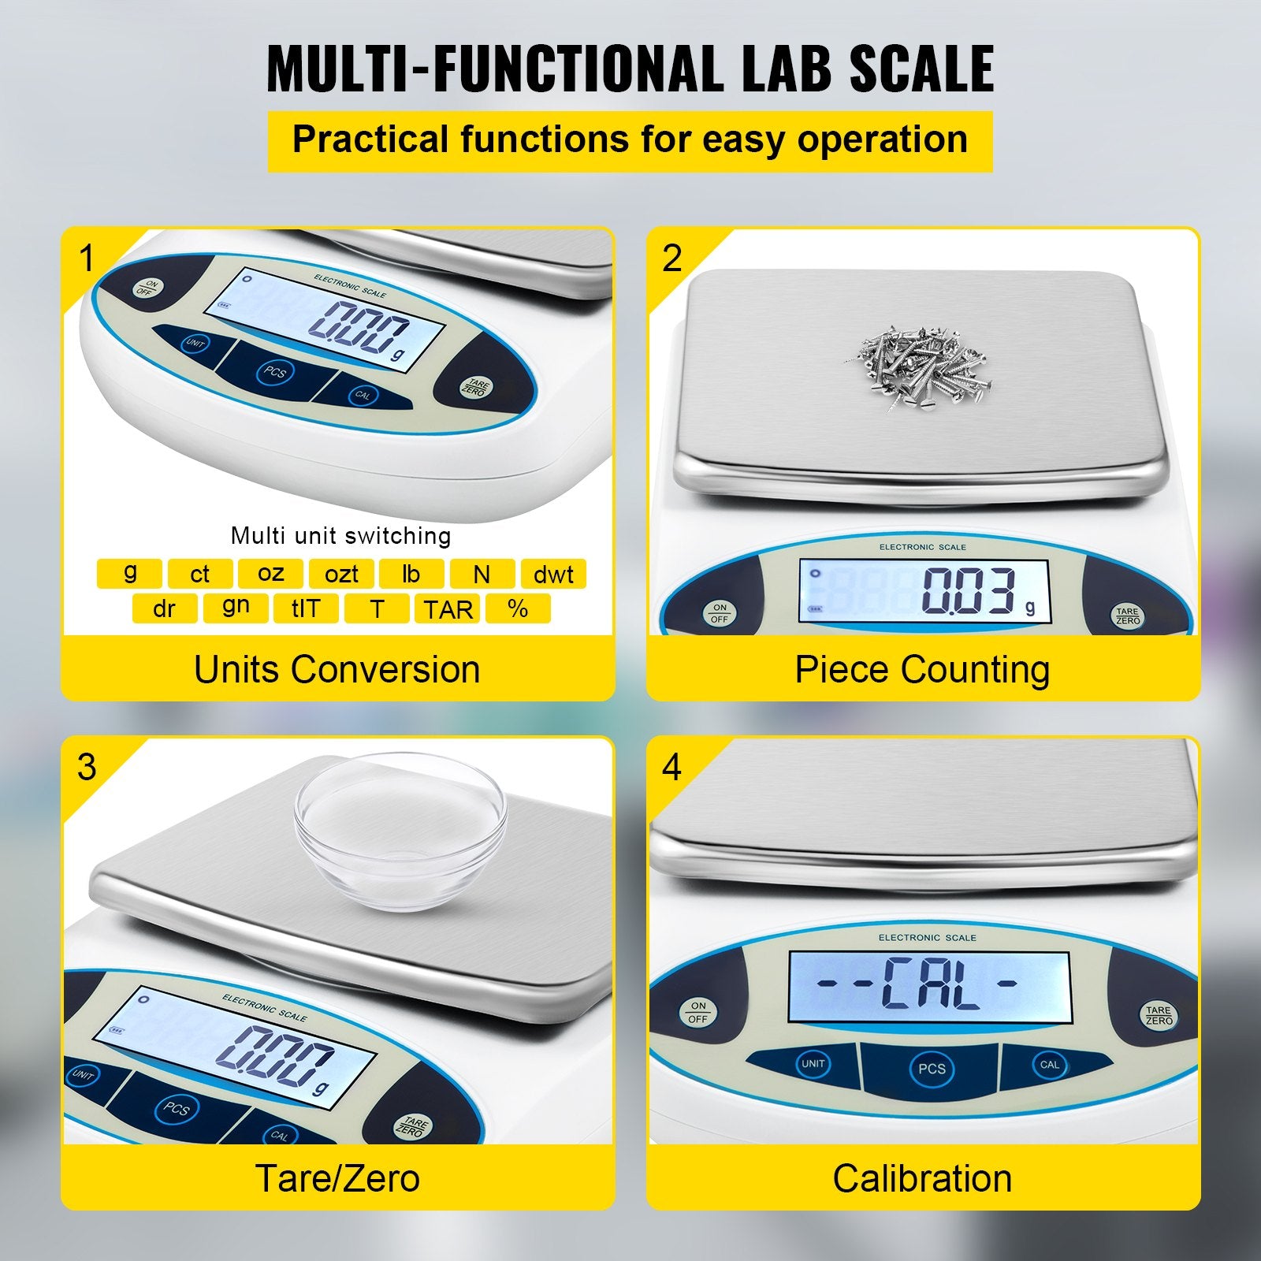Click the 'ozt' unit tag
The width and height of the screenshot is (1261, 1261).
341,574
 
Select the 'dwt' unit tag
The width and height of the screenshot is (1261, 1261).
553,574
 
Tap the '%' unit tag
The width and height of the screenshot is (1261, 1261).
518,608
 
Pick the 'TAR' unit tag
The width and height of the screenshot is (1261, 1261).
448,608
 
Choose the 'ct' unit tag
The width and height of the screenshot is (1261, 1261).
200,574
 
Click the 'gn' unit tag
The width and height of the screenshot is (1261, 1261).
236,608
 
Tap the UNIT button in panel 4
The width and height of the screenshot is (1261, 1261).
813,1063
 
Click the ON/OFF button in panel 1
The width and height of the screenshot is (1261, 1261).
146,288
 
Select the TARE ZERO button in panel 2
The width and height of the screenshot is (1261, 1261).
1128,616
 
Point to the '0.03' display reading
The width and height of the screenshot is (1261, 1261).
969,591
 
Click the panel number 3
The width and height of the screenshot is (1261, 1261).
87,767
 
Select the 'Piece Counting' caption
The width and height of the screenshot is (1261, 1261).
922,670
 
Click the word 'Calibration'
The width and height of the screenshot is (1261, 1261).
922,1179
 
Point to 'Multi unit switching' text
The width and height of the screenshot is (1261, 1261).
340,536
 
